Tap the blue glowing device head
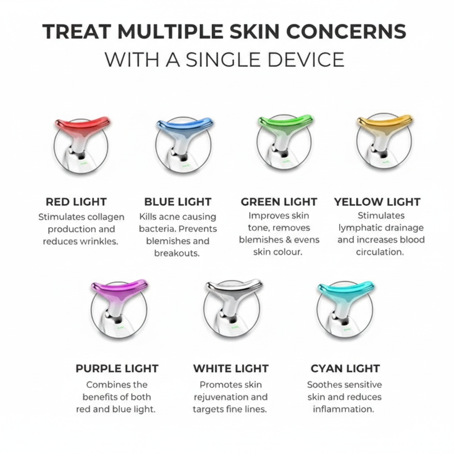pos(184,125)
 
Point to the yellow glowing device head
pos(384,123)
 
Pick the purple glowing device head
pos(119,289)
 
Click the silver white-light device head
pos(234,289)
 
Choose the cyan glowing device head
pos(346,289)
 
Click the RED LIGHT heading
pos(76,202)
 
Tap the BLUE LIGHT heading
pos(178,202)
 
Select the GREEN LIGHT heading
pos(279,202)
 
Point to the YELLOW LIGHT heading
pos(377,202)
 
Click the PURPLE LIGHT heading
pos(117,368)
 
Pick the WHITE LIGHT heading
pos(231,368)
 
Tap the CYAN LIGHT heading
pos(345,368)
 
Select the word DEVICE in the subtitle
pos(306,60)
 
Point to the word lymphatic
pos(359,228)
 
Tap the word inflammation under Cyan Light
pos(344,409)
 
